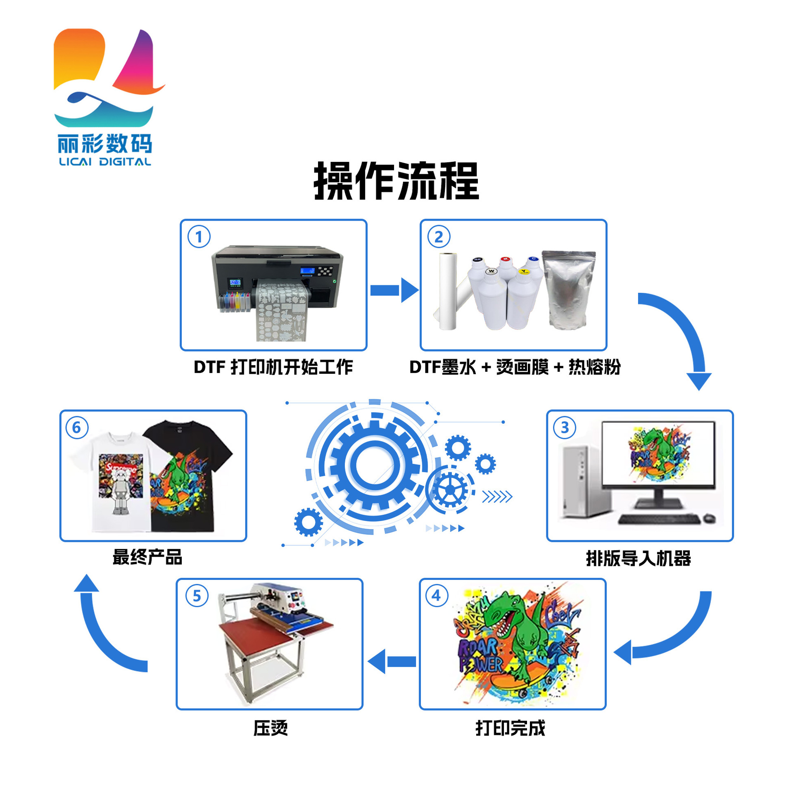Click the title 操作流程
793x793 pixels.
point(396,181)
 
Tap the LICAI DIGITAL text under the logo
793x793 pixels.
point(105,161)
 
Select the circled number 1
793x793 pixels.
point(199,237)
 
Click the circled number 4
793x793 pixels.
point(436,596)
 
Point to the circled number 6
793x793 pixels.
point(77,427)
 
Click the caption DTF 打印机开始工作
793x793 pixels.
point(273,367)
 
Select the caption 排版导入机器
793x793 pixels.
point(638,558)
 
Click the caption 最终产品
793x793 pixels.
point(147,557)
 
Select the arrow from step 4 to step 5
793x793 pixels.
point(392,661)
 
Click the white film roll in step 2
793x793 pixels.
point(448,291)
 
